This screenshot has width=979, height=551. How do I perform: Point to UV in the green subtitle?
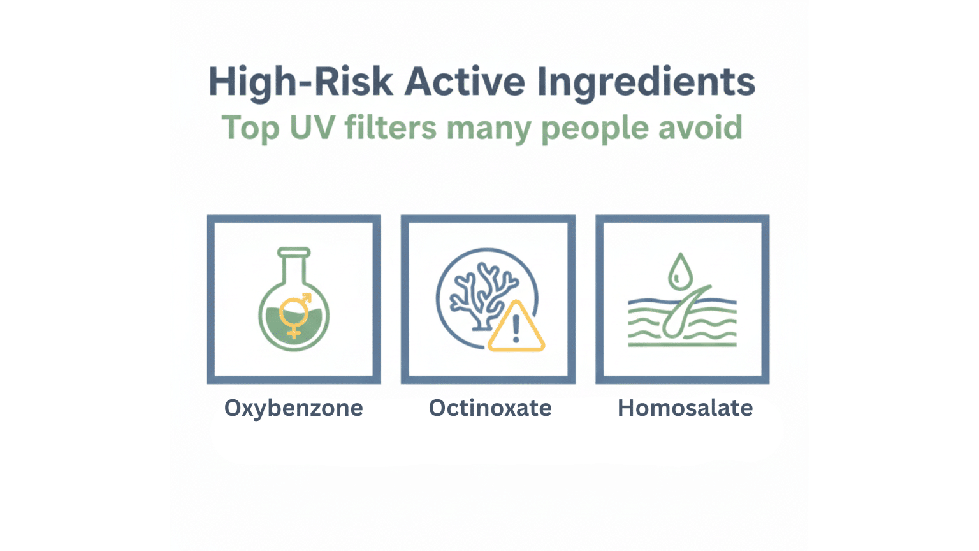pos(312,128)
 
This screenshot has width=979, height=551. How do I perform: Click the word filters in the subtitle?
pos(390,128)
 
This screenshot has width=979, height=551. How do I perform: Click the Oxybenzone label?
pos(293,408)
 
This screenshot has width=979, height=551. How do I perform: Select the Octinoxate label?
pos(489,408)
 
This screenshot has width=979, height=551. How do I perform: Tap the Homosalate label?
pos(685,408)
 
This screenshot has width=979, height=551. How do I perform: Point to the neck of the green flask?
pos(294,268)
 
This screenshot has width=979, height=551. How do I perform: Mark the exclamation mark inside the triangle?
pos(516,329)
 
